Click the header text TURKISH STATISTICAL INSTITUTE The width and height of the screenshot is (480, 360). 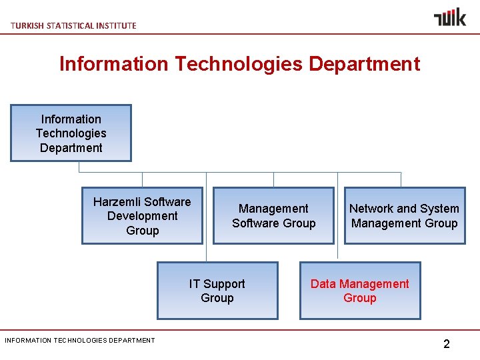73,25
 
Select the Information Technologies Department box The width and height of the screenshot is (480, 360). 71,133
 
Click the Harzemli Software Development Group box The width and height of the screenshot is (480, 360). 142,216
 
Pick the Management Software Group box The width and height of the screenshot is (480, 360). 273,216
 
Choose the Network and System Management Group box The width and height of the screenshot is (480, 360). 404,216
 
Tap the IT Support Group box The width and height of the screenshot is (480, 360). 217,291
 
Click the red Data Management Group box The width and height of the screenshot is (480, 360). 359,291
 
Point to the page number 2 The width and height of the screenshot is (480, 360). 446,344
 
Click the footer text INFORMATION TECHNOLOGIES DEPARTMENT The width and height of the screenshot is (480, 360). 79,340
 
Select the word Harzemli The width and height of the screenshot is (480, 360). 117,202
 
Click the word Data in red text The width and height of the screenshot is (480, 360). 323,284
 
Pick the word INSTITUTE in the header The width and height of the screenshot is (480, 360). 116,25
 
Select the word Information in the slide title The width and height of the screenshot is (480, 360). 114,64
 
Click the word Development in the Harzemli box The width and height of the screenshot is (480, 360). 142,216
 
